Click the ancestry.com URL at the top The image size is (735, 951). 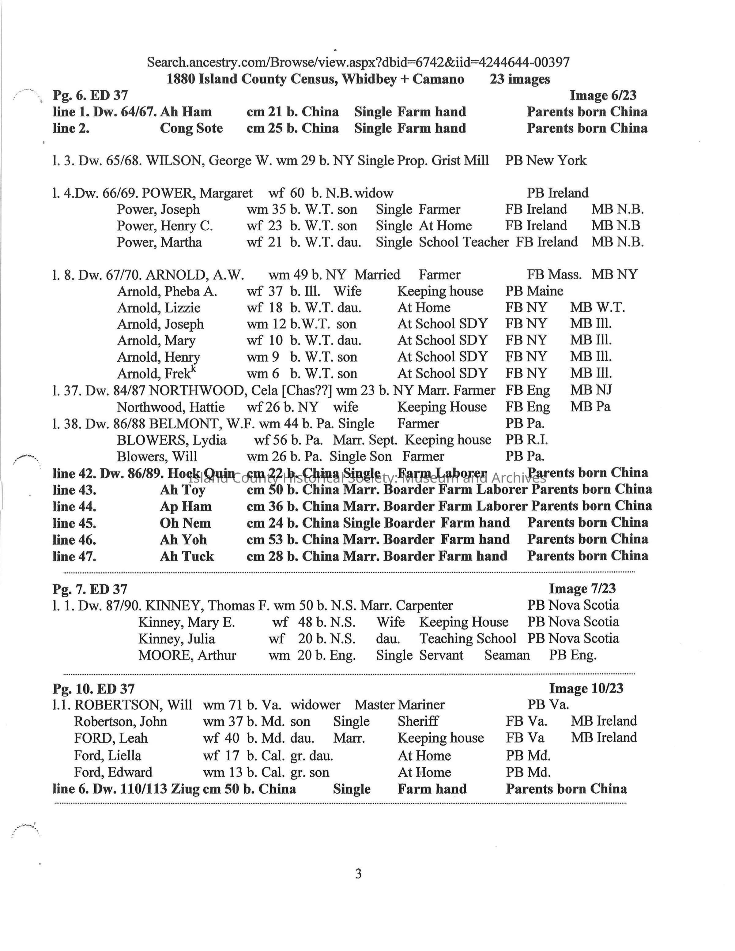[358, 62]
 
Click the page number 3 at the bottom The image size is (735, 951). [358, 874]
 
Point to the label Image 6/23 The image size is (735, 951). [603, 95]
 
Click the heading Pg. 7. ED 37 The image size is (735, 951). [90, 589]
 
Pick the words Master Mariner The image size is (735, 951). [399, 705]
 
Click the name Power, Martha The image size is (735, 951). [159, 242]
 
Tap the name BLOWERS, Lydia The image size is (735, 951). [171, 440]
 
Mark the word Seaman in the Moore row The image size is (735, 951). [507, 655]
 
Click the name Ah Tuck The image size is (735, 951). [187, 557]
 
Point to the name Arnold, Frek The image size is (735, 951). [156, 374]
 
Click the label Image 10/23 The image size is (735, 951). [586, 688]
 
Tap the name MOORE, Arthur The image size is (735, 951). [187, 655]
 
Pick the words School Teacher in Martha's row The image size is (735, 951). [463, 242]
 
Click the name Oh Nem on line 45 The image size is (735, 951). [185, 523]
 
